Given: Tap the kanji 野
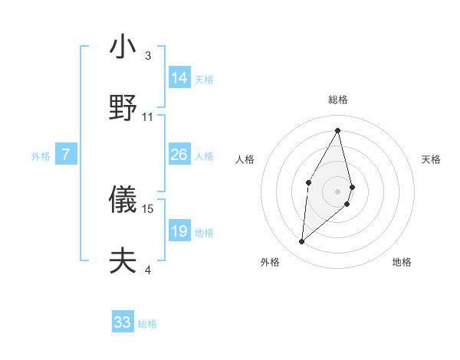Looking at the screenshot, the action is pyautogui.click(x=123, y=108).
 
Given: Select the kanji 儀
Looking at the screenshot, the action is pyautogui.click(x=123, y=200).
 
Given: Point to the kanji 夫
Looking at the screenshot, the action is pyautogui.click(x=123, y=261).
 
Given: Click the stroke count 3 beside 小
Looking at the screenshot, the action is pyautogui.click(x=148, y=55).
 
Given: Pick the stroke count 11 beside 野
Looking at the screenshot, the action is pyautogui.click(x=148, y=116).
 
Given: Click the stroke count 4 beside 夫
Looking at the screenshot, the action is pyautogui.click(x=148, y=270).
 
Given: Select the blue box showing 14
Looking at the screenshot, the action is pyautogui.click(x=179, y=78).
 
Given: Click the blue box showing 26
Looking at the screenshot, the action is pyautogui.click(x=179, y=155).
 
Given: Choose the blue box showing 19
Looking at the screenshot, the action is pyautogui.click(x=179, y=231).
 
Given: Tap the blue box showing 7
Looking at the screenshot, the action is pyautogui.click(x=66, y=155).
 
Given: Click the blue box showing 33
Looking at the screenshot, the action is pyautogui.click(x=123, y=322).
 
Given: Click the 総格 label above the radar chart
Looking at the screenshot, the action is pyautogui.click(x=338, y=100).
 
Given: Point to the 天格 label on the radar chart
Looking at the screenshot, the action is pyautogui.click(x=432, y=159).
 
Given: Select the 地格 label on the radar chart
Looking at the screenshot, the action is pyautogui.click(x=402, y=262).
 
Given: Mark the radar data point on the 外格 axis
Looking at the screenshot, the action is pyautogui.click(x=302, y=242).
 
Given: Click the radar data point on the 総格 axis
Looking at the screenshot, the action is pyautogui.click(x=337, y=130).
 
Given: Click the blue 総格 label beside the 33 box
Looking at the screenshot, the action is pyautogui.click(x=148, y=324).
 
